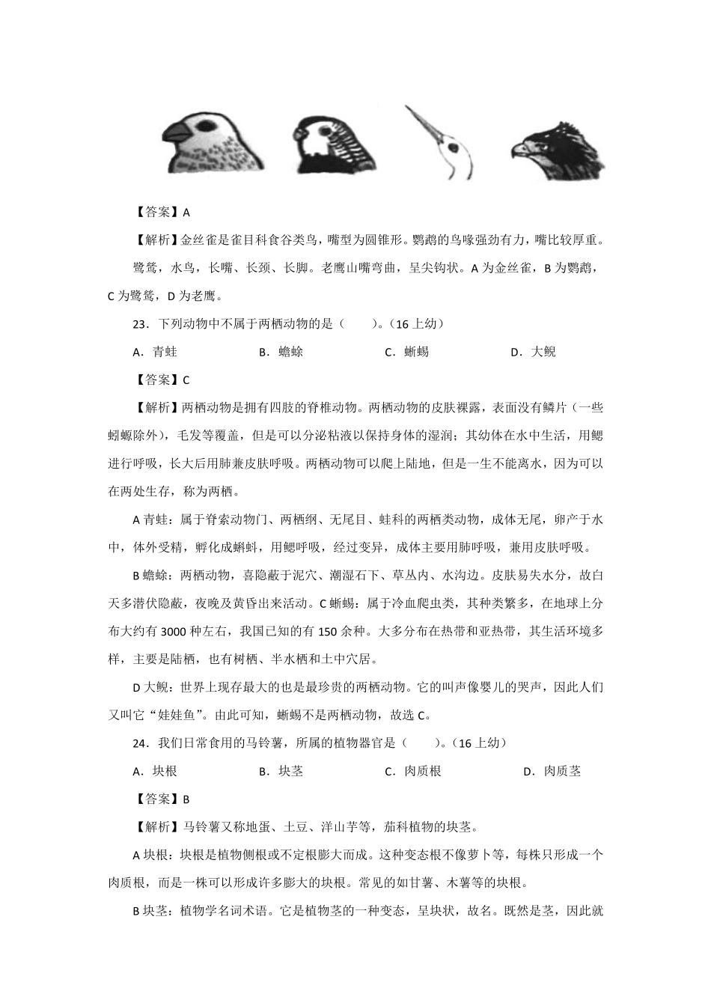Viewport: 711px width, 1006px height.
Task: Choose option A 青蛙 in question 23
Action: (x=155, y=352)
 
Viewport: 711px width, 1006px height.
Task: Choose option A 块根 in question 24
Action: (x=155, y=771)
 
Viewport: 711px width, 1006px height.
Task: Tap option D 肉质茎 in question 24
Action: (x=552, y=771)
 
